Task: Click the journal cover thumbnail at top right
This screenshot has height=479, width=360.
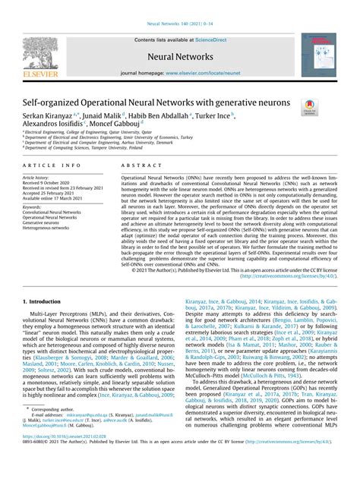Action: [x=318, y=58]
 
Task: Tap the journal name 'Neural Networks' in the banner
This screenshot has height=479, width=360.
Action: [x=180, y=57]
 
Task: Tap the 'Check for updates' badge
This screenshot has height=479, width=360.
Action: [x=310, y=108]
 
